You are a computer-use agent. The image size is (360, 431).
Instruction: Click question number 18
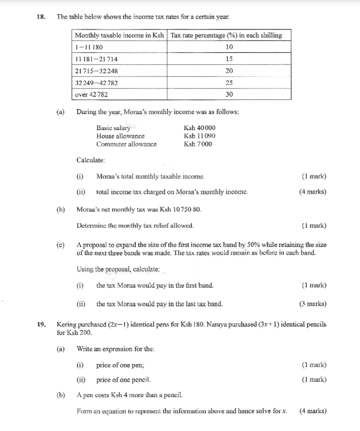pos(40,17)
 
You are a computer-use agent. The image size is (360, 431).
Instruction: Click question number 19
pos(40,324)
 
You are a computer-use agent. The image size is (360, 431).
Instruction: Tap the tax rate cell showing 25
pos(229,83)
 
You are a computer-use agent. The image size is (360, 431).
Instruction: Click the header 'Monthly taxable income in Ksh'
pos(120,35)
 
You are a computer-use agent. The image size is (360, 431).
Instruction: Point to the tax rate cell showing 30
pos(229,95)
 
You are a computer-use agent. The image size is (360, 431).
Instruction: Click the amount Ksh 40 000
pos(200,128)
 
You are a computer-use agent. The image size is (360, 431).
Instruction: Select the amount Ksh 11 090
pos(200,136)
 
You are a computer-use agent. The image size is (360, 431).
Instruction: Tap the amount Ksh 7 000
pos(198,144)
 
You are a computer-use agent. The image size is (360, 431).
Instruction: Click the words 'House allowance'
pos(120,136)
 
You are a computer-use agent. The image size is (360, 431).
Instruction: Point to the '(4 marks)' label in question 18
pos(313,192)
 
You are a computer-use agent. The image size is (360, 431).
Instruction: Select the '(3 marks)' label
pos(313,304)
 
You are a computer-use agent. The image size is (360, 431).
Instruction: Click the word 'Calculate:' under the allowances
pos(91,160)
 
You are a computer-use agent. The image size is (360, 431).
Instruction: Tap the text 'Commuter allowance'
pos(126,144)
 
